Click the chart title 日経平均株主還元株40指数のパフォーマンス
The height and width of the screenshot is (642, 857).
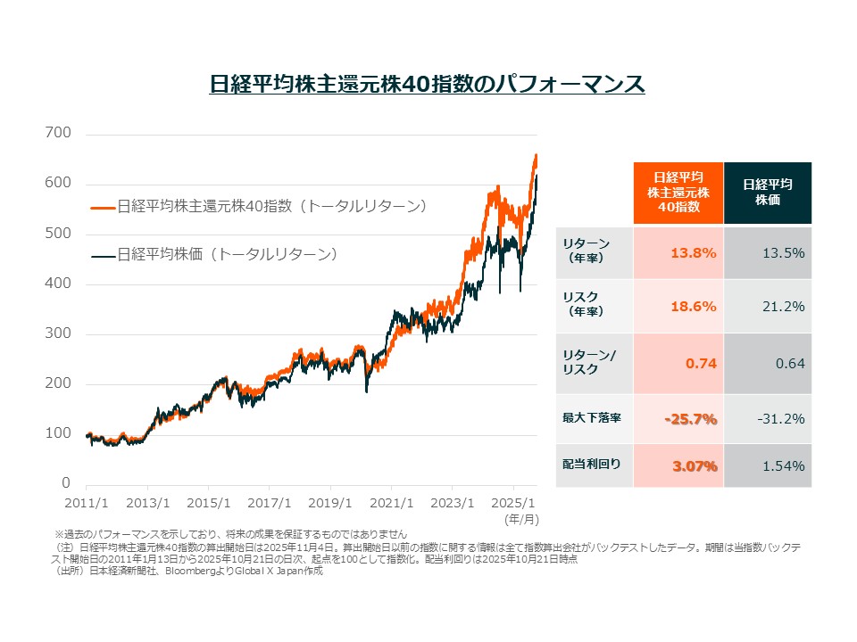[427, 85]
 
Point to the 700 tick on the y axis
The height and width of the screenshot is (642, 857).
[59, 134]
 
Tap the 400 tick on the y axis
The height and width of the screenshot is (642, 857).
[59, 284]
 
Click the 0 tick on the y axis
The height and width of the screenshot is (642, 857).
[66, 483]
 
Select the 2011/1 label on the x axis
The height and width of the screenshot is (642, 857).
[86, 502]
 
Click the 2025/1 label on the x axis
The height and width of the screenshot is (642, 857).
[512, 502]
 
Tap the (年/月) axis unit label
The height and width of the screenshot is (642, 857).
[522, 517]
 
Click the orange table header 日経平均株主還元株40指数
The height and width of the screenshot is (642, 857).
[678, 193]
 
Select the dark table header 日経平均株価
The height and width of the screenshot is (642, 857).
[767, 193]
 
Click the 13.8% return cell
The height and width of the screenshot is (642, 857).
[694, 252]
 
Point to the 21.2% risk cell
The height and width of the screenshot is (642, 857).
[783, 306]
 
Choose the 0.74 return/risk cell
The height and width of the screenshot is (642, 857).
[702, 363]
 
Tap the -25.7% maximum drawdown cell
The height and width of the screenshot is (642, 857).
[691, 419]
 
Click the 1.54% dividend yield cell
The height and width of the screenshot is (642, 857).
[783, 465]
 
